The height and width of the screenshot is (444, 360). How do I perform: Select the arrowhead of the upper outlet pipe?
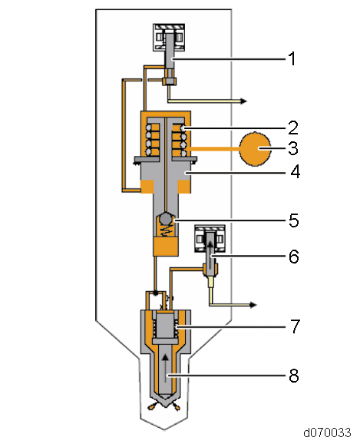point(243,101)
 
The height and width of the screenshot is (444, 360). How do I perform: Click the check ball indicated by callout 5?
point(166,220)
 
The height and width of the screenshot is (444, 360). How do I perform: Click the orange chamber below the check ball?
point(166,247)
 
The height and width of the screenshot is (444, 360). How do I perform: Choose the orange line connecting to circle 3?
point(215,147)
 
